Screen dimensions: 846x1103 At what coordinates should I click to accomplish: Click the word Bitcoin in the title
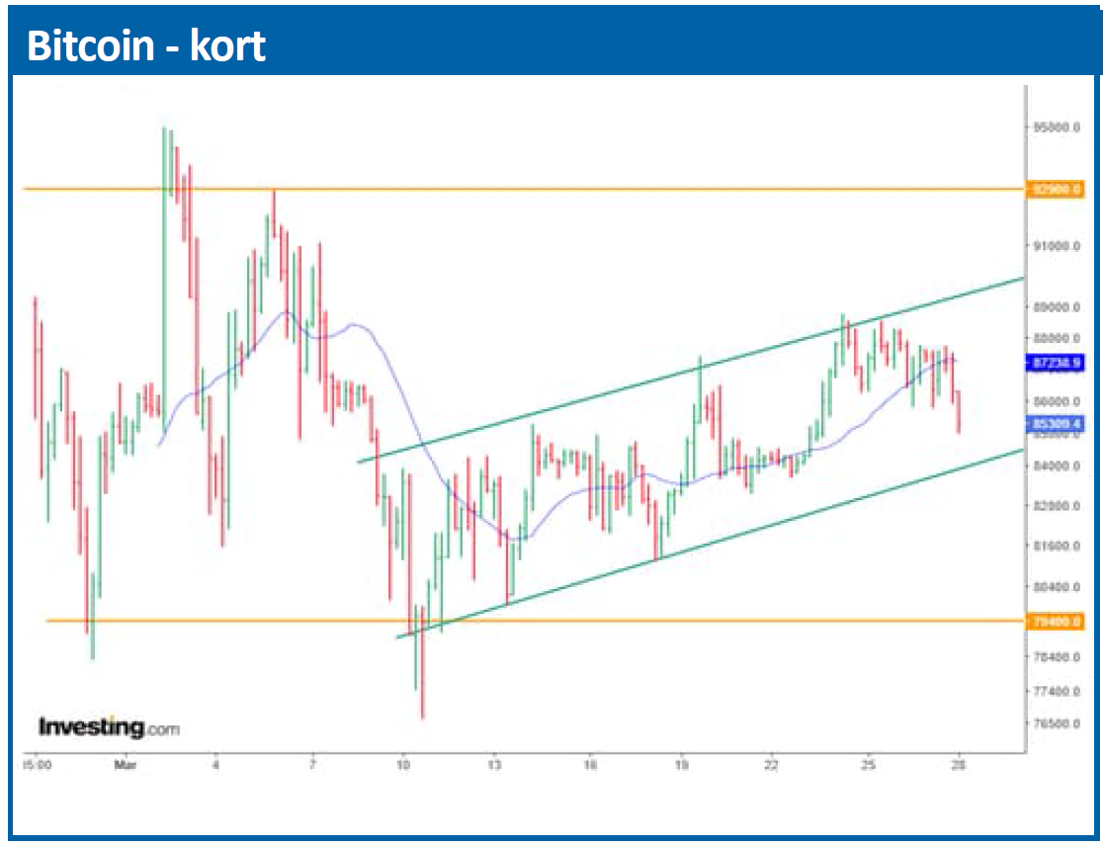coord(88,46)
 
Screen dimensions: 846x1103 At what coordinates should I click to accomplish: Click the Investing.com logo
coord(109,728)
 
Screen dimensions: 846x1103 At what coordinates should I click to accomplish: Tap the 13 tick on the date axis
coord(495,764)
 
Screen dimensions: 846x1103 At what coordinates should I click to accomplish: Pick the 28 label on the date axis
coord(958,764)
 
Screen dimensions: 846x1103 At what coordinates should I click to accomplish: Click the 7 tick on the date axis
coord(312,764)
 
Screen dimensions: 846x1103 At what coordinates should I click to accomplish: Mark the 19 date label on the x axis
coord(681,764)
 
